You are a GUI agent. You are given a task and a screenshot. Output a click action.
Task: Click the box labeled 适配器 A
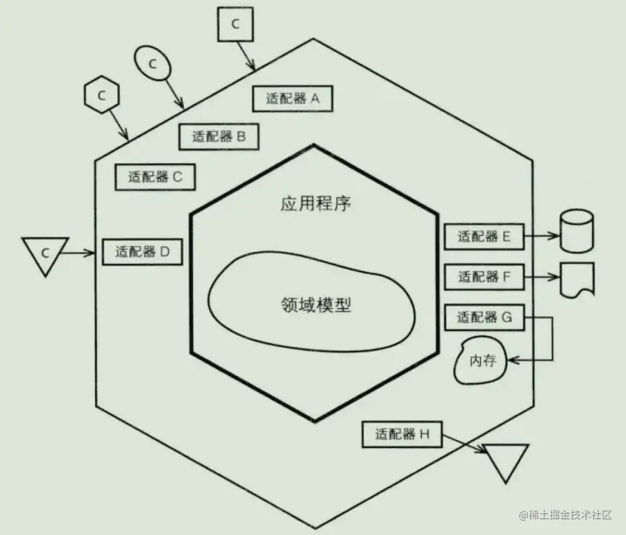(293, 98)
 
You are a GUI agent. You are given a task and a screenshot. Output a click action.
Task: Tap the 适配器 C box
(154, 177)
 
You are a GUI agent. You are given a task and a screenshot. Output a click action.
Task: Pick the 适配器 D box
(142, 252)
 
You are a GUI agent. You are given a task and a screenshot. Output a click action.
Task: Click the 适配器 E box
(484, 236)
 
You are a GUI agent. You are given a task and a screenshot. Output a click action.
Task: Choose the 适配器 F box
(484, 277)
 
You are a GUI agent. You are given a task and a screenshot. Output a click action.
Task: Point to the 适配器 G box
(484, 317)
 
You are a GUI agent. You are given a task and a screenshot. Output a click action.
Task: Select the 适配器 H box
(402, 434)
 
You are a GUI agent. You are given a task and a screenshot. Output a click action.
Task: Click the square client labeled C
(235, 24)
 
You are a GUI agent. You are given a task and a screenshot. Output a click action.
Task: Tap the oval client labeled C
(153, 64)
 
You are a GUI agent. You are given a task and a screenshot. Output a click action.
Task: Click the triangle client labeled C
(45, 254)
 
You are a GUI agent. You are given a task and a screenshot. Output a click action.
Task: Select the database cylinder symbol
(577, 231)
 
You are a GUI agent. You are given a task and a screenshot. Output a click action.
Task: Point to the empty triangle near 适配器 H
(506, 460)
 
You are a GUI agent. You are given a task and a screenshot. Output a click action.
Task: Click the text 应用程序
(315, 204)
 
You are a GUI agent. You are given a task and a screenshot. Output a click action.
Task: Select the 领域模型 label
(315, 305)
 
